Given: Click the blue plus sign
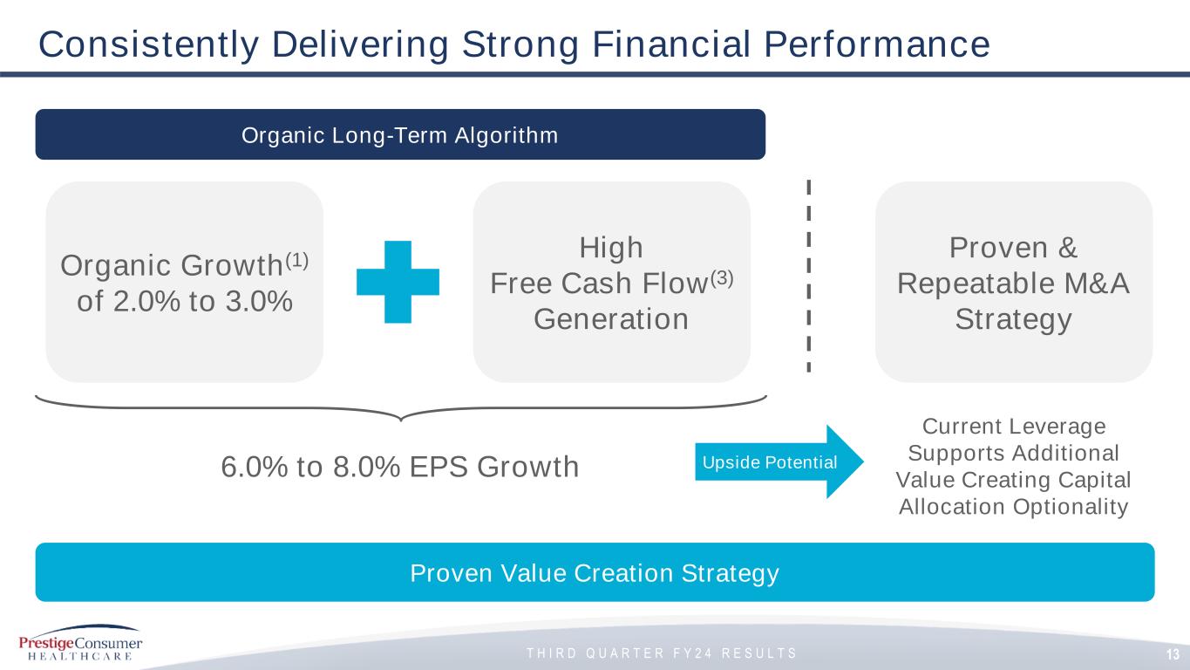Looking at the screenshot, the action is coord(398,282).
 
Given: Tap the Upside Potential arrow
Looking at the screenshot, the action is coord(779,461).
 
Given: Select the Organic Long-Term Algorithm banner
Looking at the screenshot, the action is coord(400,134).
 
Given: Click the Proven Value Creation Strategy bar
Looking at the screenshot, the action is coord(595,572).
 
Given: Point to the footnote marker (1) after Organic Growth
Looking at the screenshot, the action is coord(297,261).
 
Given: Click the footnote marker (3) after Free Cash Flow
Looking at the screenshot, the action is coord(722,278).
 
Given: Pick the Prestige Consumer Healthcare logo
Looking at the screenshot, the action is coord(80,643).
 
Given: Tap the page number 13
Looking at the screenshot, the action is coord(1173,654).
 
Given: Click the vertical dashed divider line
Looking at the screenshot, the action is coord(808,276).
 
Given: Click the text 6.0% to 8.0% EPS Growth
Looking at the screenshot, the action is coord(400,467).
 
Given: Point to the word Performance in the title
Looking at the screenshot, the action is coord(877,44).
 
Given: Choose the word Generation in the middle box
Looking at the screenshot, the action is coord(611,319).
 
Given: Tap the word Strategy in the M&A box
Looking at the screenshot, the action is coord(1013,320).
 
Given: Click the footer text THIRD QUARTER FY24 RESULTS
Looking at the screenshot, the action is coord(662,653).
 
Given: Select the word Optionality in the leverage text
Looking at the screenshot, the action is coord(1070,507).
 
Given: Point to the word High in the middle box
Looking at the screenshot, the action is coord(611,248).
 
